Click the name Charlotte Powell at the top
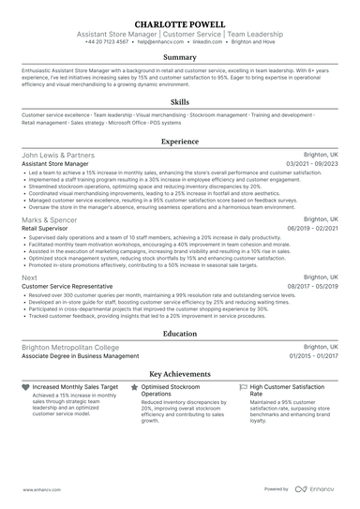180,22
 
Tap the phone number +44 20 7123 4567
107,42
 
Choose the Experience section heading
180,141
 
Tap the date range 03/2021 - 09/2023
312,163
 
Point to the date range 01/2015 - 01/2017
312,355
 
